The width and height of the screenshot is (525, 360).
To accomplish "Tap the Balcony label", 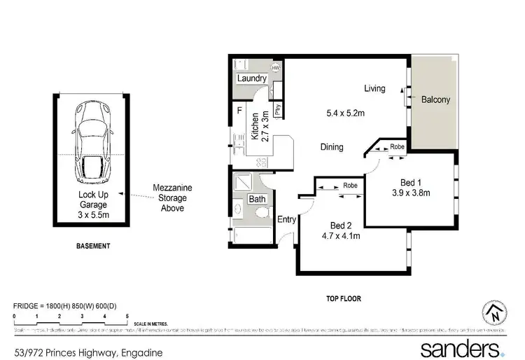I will [435, 99].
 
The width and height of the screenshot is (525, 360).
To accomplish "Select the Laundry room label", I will [252, 78].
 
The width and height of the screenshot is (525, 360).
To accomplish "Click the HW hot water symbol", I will [275, 68].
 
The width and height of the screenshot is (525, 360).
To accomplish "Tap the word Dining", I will [331, 147].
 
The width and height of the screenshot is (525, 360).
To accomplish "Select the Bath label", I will [258, 200].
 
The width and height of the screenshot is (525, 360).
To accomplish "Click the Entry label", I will [286, 220].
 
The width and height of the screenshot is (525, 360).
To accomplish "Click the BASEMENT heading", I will [93, 247].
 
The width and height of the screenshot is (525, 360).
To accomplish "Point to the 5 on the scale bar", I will [127, 317].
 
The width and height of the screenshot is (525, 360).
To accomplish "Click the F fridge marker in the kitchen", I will [239, 110].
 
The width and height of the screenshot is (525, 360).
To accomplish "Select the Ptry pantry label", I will [278, 109].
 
